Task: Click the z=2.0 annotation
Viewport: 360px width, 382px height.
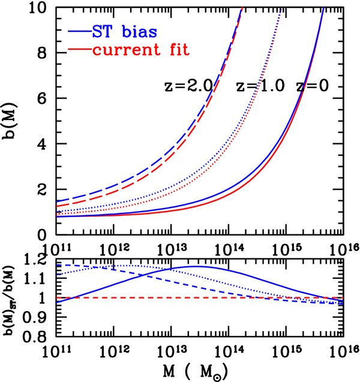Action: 189,85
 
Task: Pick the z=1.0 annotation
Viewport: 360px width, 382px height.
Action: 262,85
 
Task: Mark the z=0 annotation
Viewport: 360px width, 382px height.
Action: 317,85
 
